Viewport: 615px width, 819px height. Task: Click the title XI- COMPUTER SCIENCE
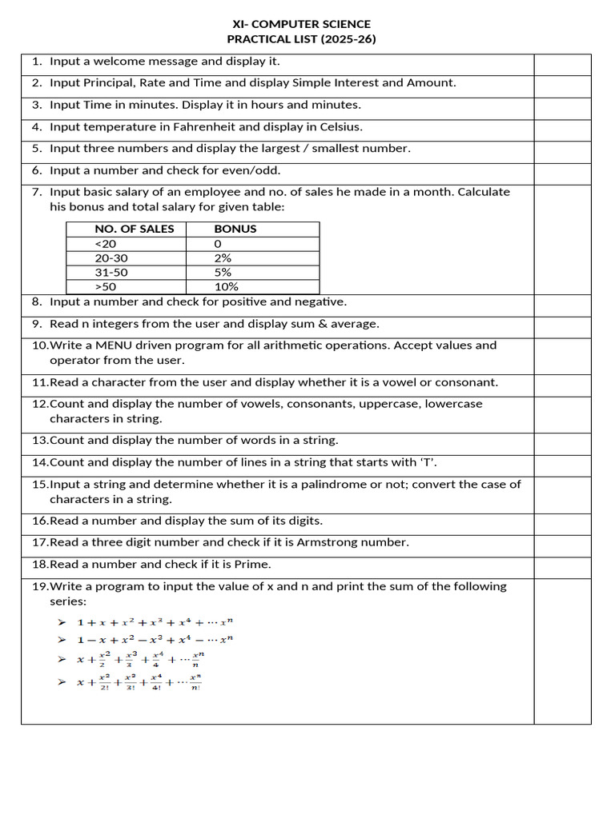point(301,24)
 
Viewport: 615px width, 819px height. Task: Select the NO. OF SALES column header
point(134,229)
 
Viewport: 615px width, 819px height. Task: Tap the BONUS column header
point(235,229)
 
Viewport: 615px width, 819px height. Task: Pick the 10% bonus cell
point(226,287)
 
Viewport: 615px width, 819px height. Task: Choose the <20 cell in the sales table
point(105,244)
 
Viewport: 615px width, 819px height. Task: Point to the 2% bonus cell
point(223,258)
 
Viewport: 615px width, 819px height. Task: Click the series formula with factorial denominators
point(139,682)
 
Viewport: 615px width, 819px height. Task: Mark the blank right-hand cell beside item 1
point(562,65)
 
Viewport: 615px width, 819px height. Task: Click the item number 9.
point(37,324)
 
